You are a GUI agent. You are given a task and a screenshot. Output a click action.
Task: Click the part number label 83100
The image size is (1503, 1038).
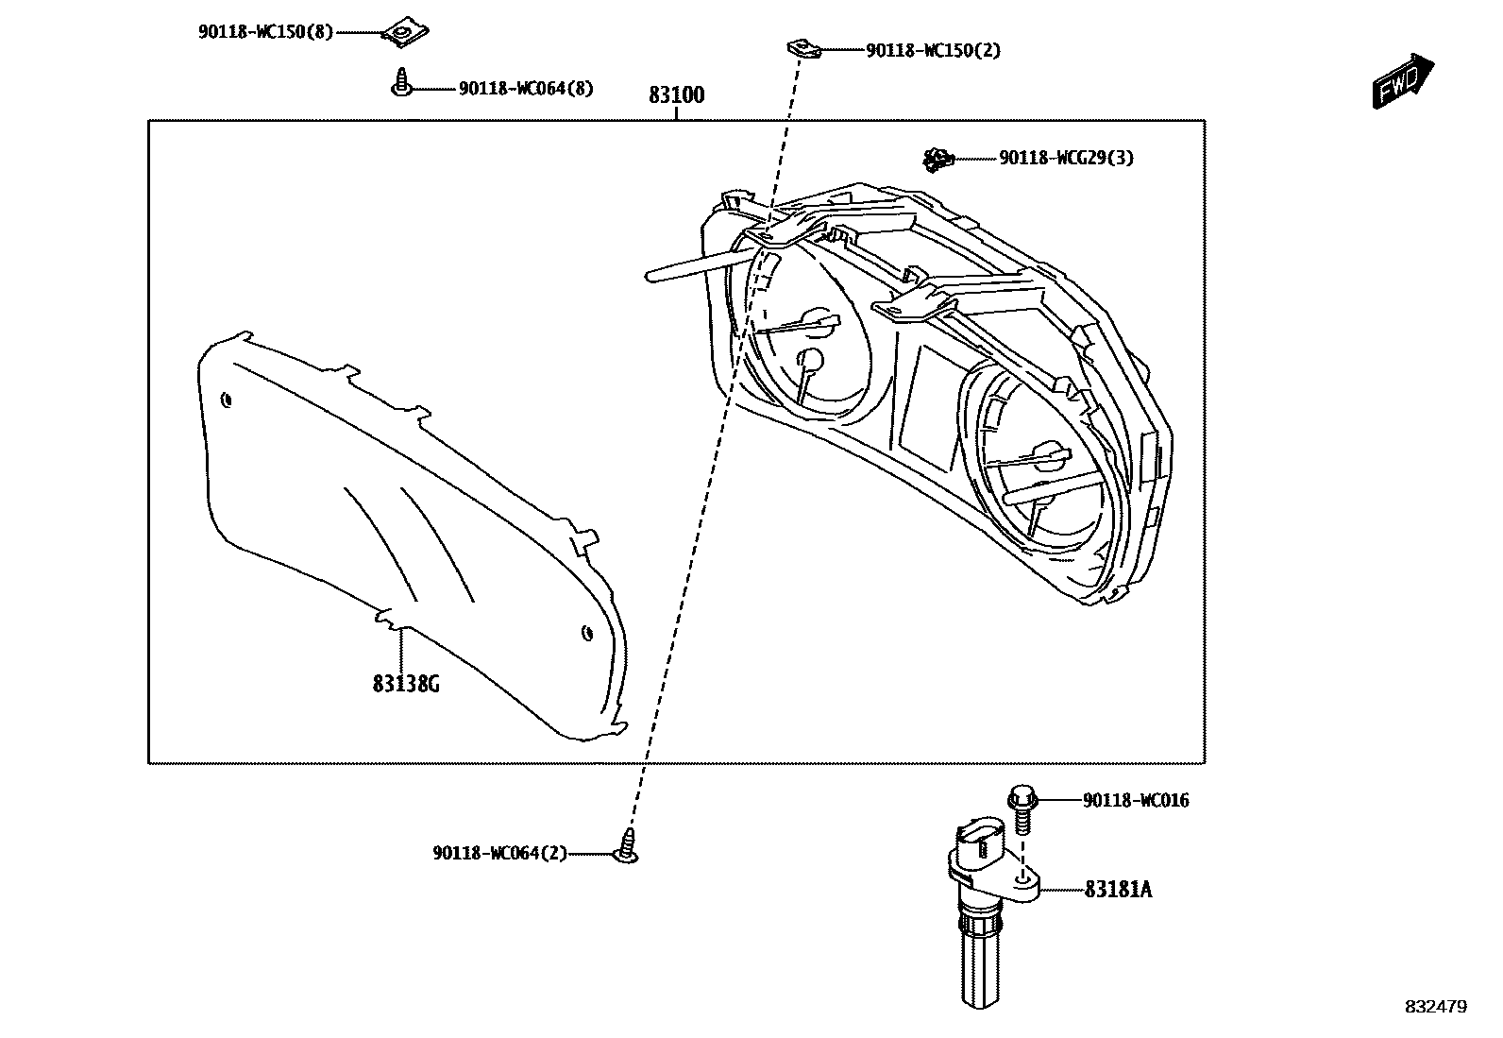[676, 95]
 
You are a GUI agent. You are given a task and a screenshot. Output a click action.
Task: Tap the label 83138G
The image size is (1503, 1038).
[406, 683]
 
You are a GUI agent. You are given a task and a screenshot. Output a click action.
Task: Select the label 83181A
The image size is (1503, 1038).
[1118, 890]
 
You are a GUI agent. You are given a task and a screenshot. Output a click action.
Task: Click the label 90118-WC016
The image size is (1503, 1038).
[1136, 801]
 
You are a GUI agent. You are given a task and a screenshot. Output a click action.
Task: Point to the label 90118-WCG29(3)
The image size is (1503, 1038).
[1066, 159]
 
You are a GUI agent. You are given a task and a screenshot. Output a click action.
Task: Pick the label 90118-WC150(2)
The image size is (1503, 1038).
[933, 50]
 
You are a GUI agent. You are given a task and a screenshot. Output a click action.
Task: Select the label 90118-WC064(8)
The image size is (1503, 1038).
[526, 89]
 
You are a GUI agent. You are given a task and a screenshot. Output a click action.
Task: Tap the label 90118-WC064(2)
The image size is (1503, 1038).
[500, 854]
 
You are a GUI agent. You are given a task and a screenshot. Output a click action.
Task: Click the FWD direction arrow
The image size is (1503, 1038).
[1402, 80]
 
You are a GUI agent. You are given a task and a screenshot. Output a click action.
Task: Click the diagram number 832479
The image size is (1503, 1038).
[1435, 1007]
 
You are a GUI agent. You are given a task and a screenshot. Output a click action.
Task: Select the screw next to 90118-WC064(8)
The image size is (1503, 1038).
[402, 83]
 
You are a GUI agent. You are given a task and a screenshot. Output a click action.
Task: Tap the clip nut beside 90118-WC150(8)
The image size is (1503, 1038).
[401, 34]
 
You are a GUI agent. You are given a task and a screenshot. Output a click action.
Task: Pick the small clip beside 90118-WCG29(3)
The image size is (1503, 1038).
[937, 160]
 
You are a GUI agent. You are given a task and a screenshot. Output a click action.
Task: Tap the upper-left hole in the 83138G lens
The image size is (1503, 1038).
[226, 400]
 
